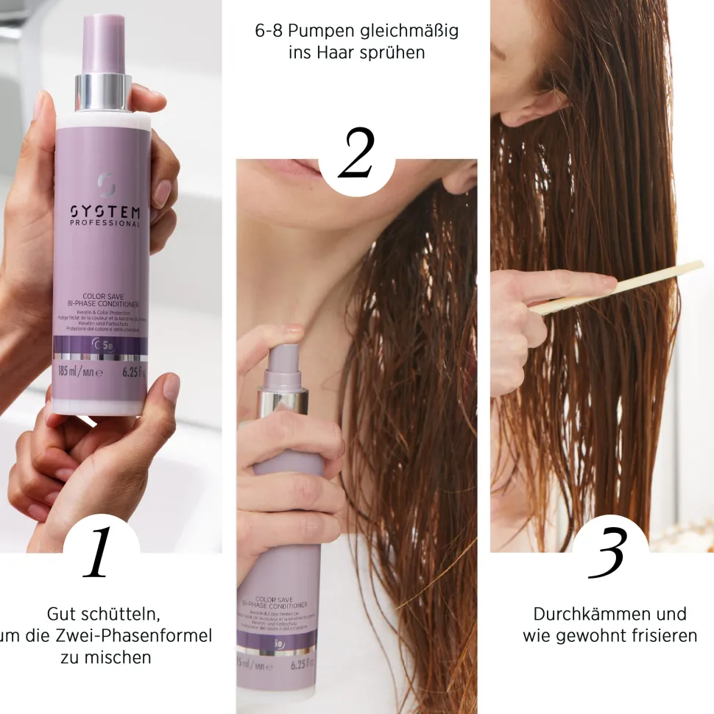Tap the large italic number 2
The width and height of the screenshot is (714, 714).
pos(356,155)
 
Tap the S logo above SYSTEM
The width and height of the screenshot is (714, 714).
pos(104,181)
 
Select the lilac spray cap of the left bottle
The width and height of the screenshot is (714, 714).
pos(103,44)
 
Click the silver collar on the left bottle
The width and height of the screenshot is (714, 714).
pos(103,92)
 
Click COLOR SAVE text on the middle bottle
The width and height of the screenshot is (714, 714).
pos(276,599)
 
